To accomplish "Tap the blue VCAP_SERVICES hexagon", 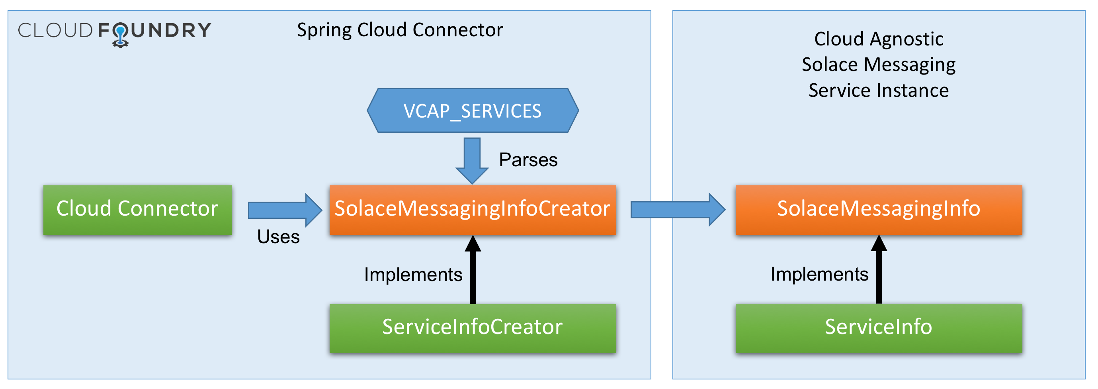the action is [473, 110].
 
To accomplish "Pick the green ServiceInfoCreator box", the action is [472, 328].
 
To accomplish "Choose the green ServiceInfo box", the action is [879, 328].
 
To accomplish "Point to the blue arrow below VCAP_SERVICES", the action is [472, 161].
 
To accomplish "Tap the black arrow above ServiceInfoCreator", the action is [473, 269].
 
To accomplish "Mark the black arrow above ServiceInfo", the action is [879, 269].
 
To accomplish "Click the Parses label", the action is [528, 160].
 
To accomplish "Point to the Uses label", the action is [278, 237].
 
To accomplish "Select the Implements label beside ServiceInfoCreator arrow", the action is [413, 275].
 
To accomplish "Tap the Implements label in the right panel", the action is [819, 274].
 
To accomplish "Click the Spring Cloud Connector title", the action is [400, 30].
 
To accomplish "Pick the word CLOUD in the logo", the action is [55, 30].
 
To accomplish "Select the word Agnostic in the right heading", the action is [907, 39].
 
